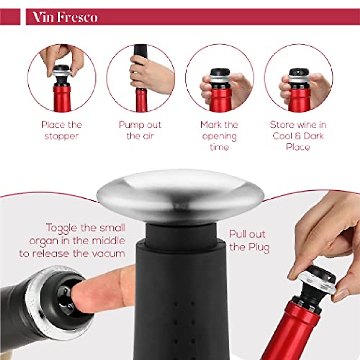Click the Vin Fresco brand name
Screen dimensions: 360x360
[65, 17]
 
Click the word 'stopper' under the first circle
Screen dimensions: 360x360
[61, 136]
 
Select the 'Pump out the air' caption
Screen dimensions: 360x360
[140, 130]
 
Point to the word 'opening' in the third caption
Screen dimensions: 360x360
[219, 136]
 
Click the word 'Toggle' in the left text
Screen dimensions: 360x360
[62, 228]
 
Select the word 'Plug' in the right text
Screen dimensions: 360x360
[258, 247]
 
